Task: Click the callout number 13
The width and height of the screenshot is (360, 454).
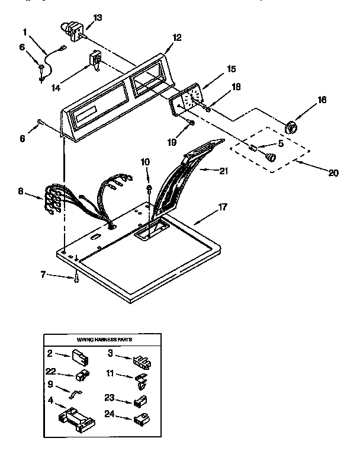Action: (98, 17)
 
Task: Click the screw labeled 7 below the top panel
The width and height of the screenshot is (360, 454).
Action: (76, 279)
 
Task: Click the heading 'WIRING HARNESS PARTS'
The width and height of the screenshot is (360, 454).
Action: (104, 341)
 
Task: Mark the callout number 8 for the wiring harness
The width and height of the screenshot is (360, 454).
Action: (22, 191)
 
